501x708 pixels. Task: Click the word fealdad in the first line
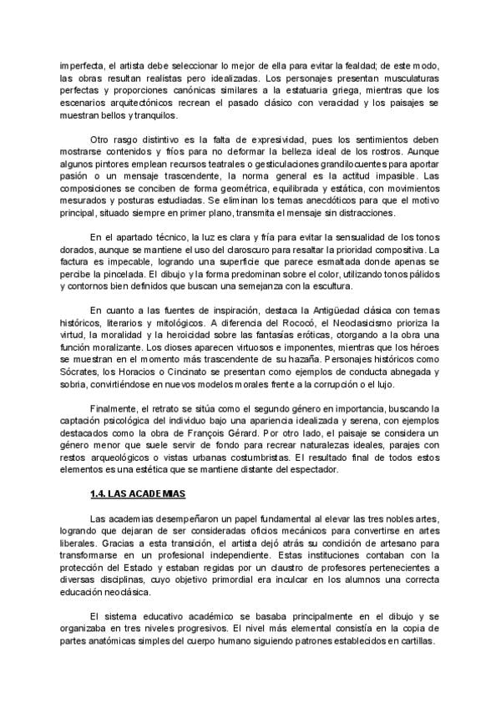(355, 65)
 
